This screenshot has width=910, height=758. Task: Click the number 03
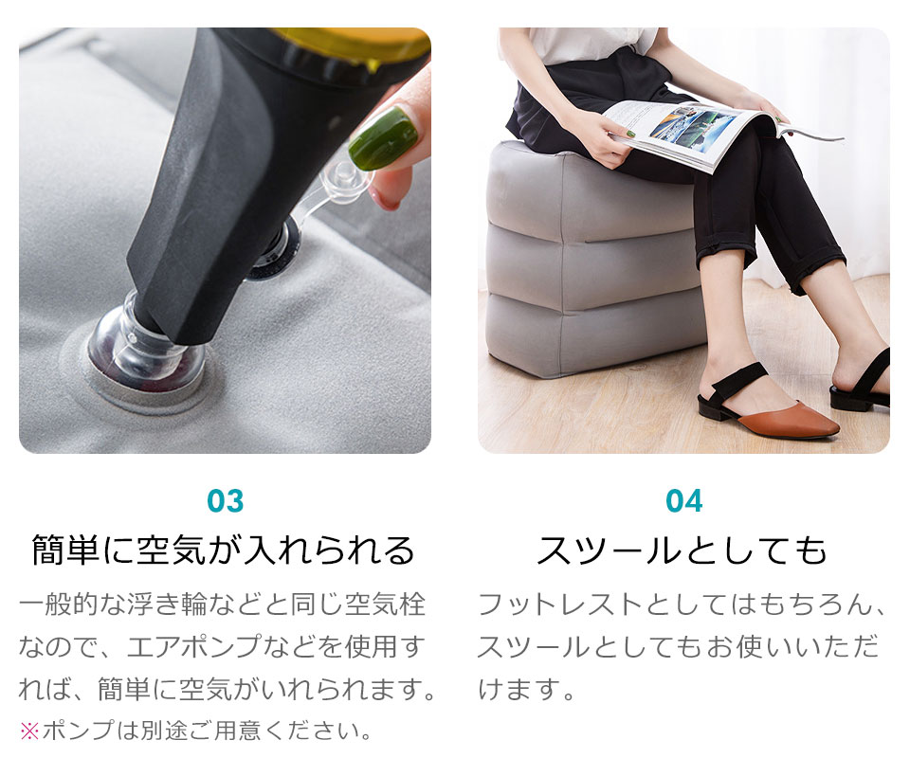point(226,501)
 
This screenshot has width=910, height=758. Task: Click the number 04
point(683,501)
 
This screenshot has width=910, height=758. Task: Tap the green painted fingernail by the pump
point(383,137)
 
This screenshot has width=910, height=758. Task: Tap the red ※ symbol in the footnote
point(29,731)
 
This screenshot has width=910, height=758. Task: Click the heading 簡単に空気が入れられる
point(224,550)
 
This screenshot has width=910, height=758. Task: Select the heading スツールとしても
point(682,550)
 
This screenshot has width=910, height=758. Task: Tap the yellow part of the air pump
point(360,44)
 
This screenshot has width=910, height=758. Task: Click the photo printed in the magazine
point(694,128)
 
